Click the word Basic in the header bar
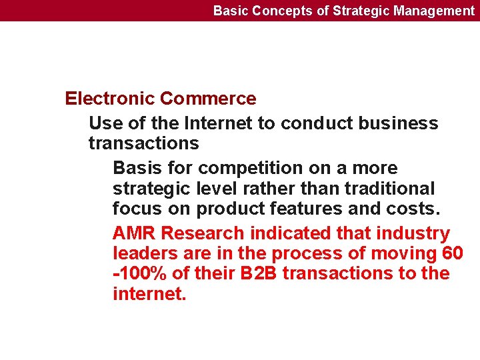tap(229, 11)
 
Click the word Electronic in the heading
tap(110, 99)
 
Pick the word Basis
tap(137, 168)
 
